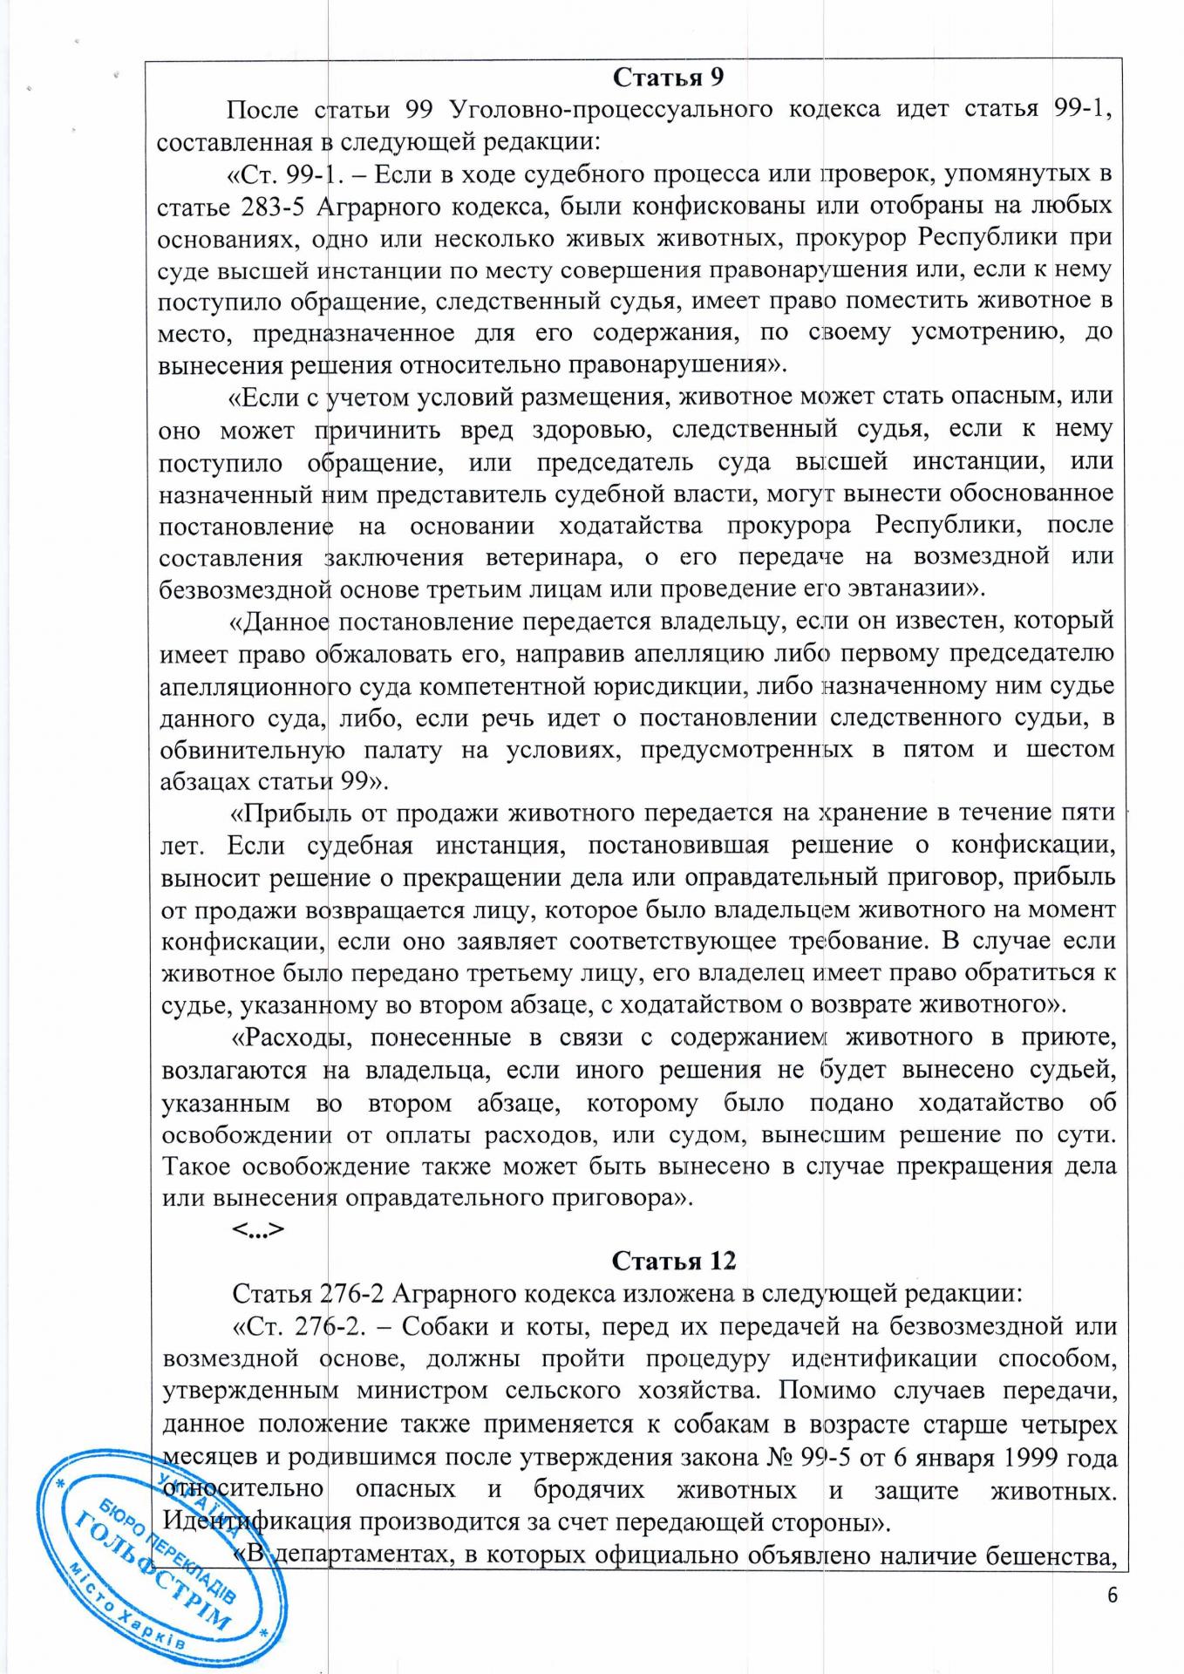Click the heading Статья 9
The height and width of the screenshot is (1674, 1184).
(x=668, y=78)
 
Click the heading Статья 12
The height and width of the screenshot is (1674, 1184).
(x=673, y=1261)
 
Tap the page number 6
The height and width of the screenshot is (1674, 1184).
(x=1112, y=1596)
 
